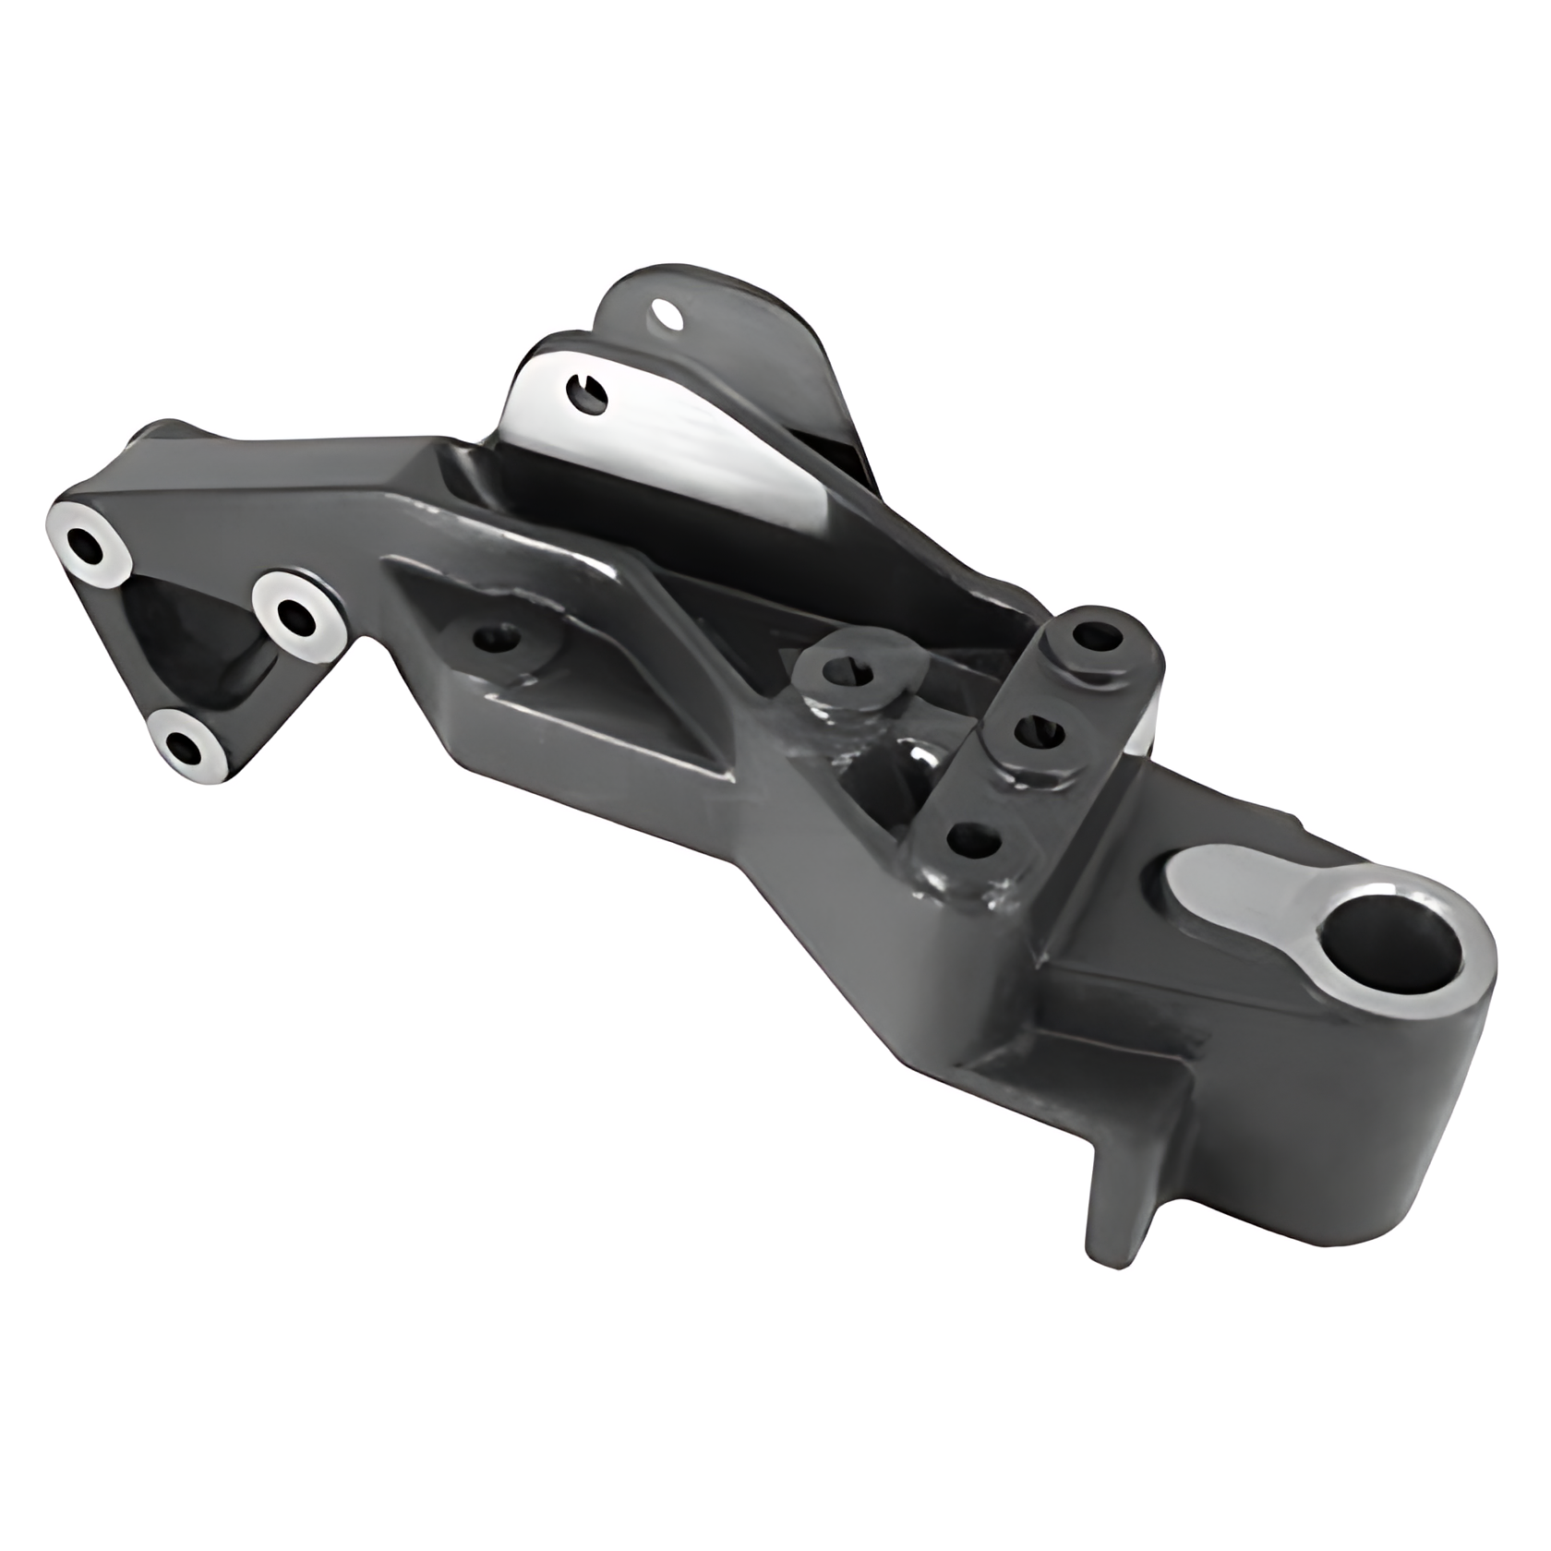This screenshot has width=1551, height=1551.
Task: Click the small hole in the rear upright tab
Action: point(667,314)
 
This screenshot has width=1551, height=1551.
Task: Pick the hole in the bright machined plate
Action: point(587,395)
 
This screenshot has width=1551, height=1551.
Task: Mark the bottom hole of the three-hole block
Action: point(973,840)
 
